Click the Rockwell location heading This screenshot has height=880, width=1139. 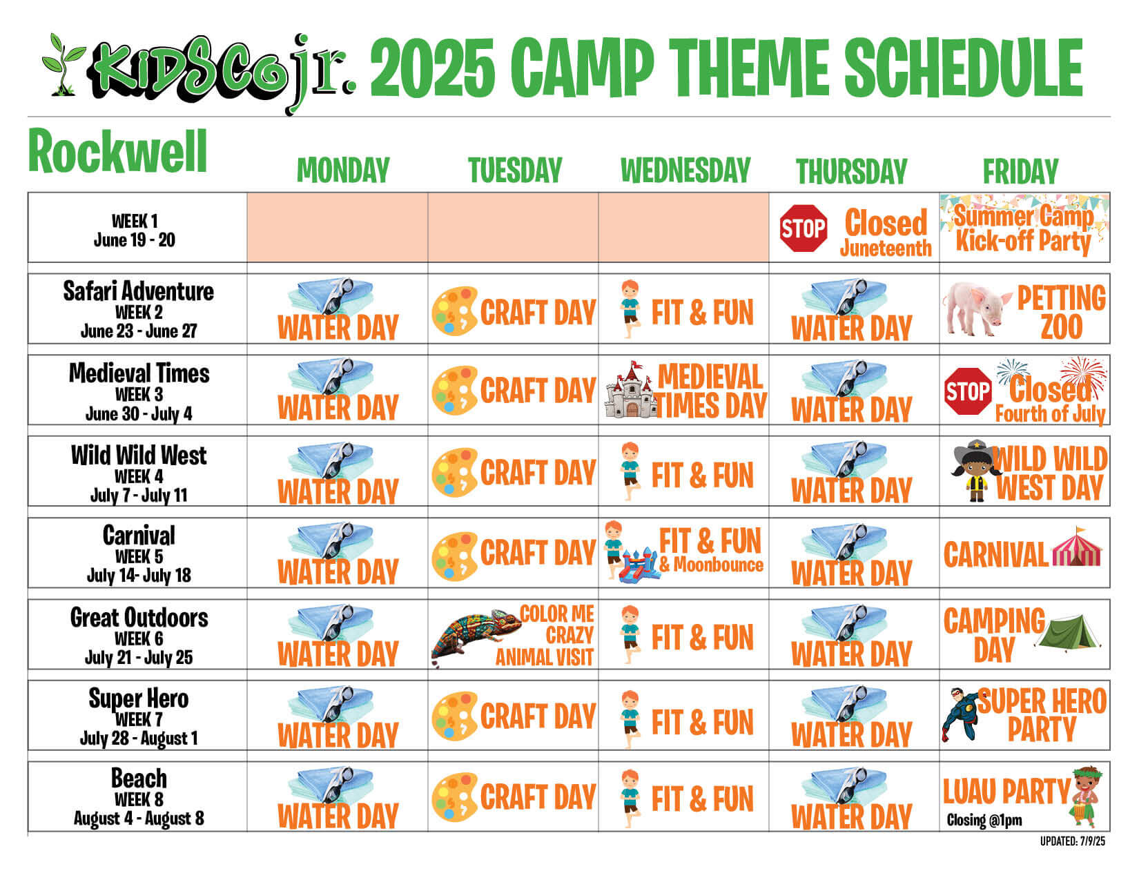117,151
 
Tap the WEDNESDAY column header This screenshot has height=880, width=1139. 685,170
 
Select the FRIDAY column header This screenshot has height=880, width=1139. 1020,171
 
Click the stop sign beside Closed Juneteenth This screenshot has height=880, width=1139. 803,228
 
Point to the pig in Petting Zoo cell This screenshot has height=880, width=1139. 977,309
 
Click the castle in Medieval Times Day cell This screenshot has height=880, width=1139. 631,390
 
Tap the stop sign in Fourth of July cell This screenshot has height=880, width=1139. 968,391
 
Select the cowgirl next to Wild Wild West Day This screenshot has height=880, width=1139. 973,470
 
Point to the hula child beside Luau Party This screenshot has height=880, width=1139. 1086,797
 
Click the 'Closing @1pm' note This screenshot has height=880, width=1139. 984,820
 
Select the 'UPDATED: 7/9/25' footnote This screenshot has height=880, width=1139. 1073,842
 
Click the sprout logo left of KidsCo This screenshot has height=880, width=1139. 64,64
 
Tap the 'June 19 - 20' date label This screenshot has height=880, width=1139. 134,240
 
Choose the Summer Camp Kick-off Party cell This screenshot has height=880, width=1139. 1024,228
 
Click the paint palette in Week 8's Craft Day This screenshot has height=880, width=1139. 455,796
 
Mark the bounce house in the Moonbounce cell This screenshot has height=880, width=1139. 640,565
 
